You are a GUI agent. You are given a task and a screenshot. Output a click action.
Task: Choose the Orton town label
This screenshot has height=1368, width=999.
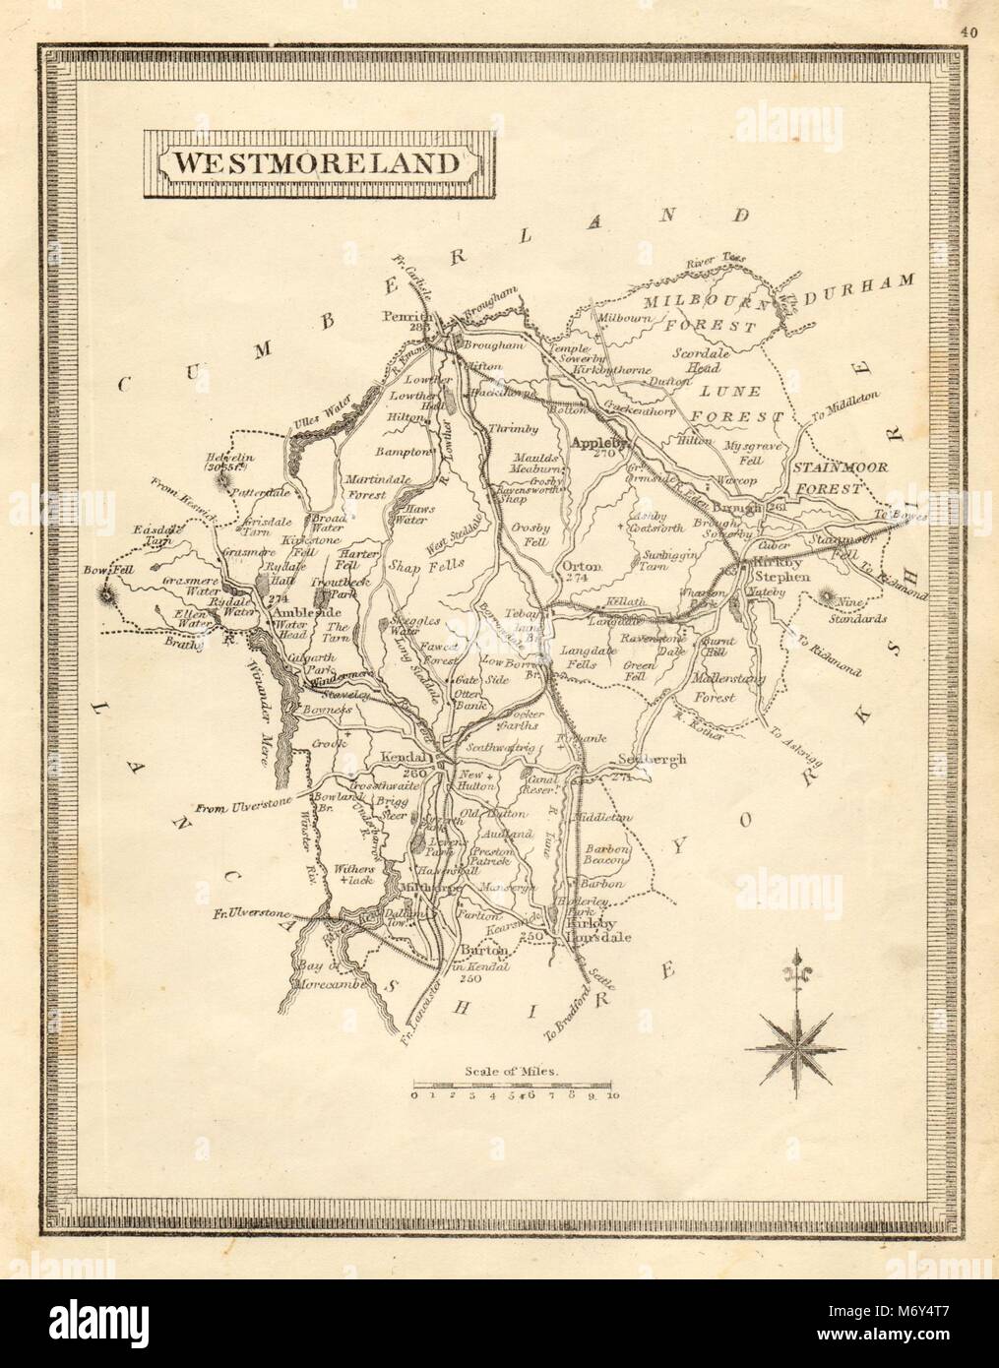(578, 567)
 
